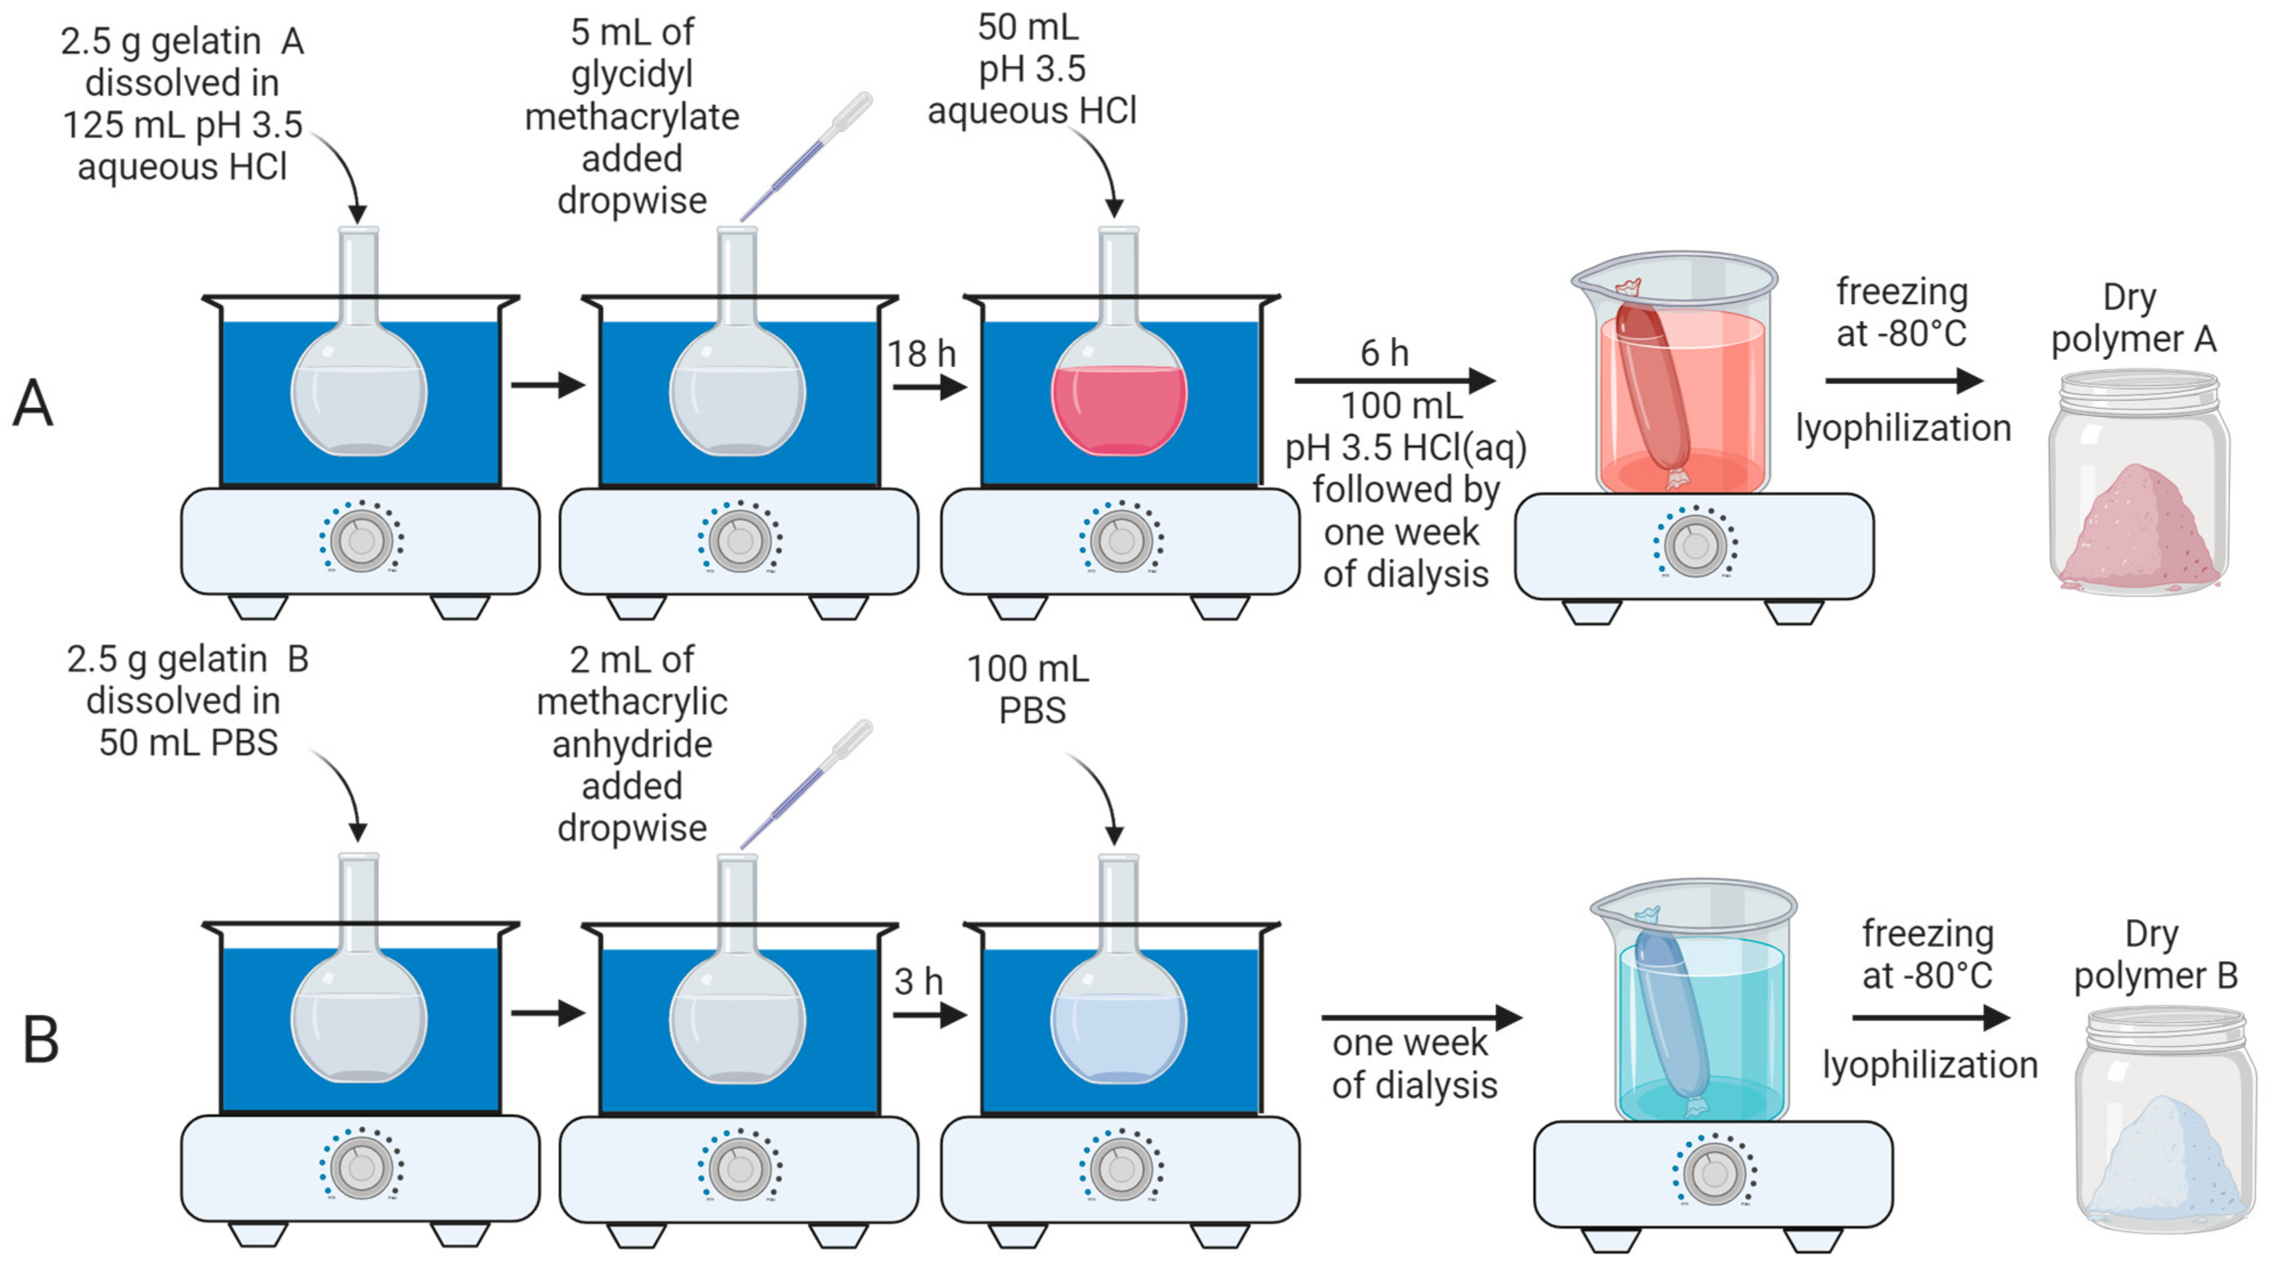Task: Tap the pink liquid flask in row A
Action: (1119, 409)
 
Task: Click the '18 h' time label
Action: (921, 354)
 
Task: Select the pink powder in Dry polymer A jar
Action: (2137, 531)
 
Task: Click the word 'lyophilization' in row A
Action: (1903, 429)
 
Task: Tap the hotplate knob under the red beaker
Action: (1695, 544)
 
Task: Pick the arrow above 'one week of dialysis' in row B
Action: (1420, 1017)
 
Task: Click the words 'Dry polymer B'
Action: (2155, 955)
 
